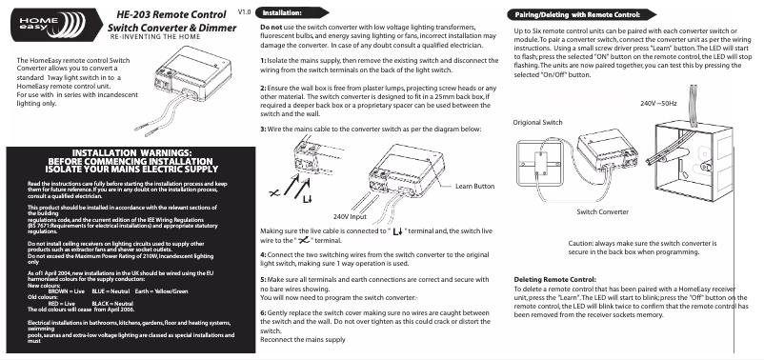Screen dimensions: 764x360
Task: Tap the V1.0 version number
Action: click(x=244, y=12)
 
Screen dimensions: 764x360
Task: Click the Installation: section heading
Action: click(x=282, y=13)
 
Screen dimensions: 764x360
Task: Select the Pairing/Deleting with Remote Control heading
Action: click(x=578, y=15)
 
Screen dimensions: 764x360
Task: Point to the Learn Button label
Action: click(x=474, y=186)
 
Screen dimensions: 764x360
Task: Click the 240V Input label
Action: click(x=350, y=216)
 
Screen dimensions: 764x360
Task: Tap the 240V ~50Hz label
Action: click(x=658, y=103)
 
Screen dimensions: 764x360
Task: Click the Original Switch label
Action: click(x=537, y=122)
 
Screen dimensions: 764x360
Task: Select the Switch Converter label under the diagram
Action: click(x=603, y=212)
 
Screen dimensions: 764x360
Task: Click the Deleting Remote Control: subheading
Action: click(x=555, y=280)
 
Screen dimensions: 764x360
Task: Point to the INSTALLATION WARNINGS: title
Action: click(x=131, y=154)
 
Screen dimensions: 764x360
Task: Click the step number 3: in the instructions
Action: click(x=263, y=130)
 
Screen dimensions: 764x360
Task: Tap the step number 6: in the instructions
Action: click(x=263, y=312)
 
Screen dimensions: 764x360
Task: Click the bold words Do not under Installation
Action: click(x=271, y=28)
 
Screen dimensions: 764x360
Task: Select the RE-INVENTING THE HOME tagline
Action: click(x=155, y=37)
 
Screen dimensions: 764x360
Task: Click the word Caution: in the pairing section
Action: click(x=580, y=243)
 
